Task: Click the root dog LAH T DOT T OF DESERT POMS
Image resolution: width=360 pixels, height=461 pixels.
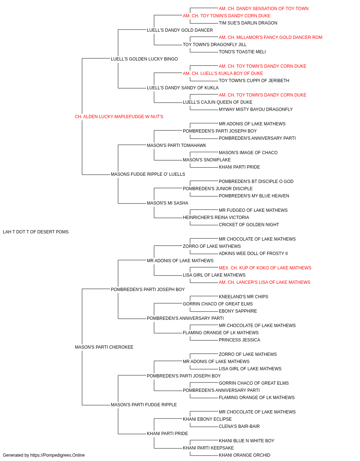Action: tap(36, 232)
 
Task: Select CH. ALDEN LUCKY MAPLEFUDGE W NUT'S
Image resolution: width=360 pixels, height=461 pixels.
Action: tap(119, 117)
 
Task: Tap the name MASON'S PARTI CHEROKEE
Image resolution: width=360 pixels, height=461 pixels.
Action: tap(104, 347)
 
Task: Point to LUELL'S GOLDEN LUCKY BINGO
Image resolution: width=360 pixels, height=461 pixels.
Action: tap(144, 59)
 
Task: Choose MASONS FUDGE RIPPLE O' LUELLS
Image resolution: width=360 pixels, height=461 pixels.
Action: tap(148, 174)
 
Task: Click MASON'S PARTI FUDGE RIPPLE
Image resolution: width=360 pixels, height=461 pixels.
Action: tap(144, 405)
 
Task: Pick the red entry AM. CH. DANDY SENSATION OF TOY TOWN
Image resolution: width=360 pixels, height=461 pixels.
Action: tap(264, 9)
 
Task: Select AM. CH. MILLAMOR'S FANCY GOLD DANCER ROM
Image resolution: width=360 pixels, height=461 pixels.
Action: tap(270, 37)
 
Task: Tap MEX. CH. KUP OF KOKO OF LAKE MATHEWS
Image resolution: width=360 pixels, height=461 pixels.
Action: tap(265, 268)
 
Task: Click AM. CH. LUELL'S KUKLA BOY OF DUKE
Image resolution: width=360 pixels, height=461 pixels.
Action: tap(223, 73)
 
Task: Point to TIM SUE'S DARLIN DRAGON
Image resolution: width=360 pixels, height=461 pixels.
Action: tap(248, 23)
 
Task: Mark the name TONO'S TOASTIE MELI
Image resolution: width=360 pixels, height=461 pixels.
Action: tap(242, 52)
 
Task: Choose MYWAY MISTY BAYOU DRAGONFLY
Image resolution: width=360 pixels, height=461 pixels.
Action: tap(256, 109)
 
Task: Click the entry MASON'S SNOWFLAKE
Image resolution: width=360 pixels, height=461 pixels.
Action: tap(207, 160)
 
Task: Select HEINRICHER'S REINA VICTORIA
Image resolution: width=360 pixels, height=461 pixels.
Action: tap(216, 218)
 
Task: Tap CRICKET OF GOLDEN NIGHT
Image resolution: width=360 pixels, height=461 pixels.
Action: tap(249, 225)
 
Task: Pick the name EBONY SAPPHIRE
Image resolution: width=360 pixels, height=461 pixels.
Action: tap(238, 311)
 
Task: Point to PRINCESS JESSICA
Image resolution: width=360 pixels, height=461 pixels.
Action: tap(239, 340)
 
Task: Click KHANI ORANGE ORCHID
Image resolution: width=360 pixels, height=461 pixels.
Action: tap(244, 455)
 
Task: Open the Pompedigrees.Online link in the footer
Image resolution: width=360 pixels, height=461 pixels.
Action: tap(58, 455)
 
